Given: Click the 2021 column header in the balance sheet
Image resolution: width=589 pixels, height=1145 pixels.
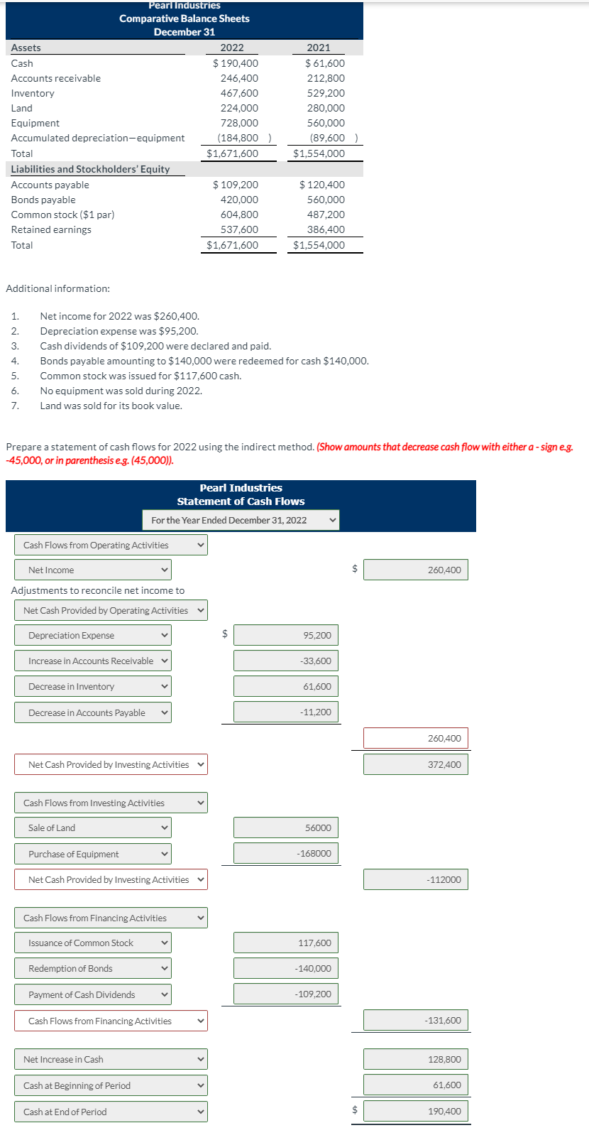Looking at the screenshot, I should pos(318,48).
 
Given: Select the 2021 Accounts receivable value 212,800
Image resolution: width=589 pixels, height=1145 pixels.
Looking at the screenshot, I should pos(326,78).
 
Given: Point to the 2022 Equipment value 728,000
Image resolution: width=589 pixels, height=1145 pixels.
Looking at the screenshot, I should pos(239,123).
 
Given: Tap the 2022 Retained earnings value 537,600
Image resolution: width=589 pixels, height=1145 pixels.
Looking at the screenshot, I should pos(239,229).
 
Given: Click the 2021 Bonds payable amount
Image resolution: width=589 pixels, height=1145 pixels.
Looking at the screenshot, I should pos(326,200).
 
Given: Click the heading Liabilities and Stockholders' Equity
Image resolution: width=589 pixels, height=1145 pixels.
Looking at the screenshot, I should pos(90,169).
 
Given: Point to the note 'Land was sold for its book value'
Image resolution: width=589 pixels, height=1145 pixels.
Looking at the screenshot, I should pos(111,406).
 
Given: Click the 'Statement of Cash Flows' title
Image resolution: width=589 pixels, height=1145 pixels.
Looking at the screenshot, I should pos(241,501).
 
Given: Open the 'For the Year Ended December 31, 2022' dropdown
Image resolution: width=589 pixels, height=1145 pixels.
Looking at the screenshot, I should pos(241,520).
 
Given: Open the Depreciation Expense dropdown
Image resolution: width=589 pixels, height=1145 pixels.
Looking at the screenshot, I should pos(92,635).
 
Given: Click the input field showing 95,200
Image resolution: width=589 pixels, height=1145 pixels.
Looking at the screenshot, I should pos(286,635).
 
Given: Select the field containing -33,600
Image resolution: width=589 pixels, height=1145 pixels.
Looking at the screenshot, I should pos(286,661).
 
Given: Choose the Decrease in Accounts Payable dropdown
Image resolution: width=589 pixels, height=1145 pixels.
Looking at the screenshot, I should pos(92,712).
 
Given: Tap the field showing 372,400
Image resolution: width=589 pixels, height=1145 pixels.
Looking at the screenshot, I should pos(415,764).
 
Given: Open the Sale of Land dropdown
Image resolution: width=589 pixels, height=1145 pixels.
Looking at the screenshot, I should pos(92,827).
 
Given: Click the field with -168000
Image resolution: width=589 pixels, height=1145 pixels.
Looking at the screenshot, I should pos(286,853).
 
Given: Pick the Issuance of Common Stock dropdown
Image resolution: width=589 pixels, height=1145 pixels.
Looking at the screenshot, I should pos(92,943).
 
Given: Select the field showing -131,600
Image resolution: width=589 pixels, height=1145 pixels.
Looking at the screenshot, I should pos(415,1020).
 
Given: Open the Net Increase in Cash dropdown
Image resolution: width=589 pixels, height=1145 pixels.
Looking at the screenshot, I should pos(111,1059).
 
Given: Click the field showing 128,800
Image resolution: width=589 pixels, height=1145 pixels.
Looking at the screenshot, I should pos(415,1059).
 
